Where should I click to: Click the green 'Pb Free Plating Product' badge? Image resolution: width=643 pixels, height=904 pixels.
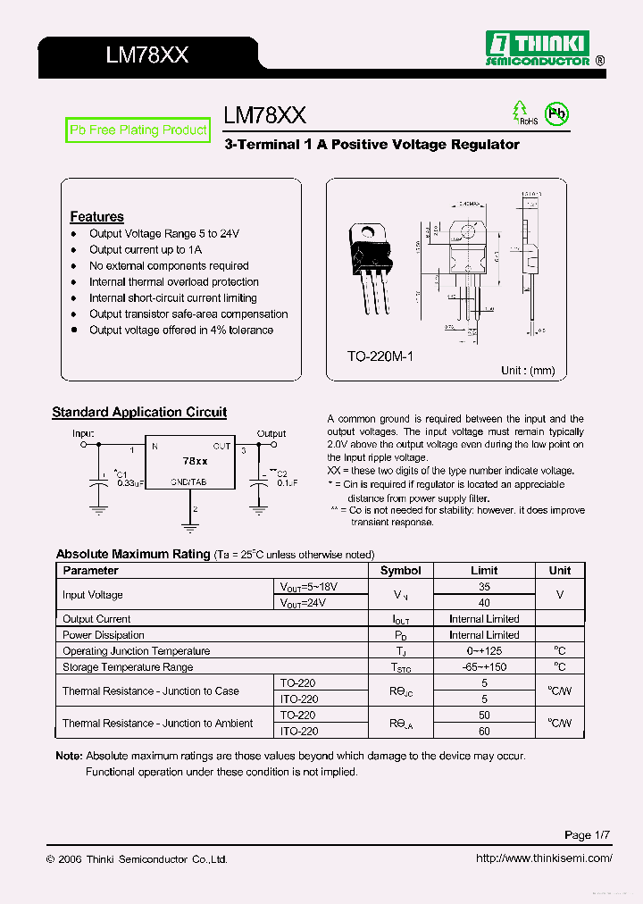tap(138, 130)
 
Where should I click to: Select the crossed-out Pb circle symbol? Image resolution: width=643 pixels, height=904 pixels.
tap(557, 113)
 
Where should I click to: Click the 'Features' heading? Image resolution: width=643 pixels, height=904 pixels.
tap(96, 217)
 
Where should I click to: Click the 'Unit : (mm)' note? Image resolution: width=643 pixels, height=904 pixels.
tap(528, 370)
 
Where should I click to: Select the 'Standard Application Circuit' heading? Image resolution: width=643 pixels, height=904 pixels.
tap(139, 413)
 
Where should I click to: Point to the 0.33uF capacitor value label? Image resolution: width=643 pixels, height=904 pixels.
tap(129, 483)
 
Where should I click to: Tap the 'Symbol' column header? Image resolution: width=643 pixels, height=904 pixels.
tap(400, 571)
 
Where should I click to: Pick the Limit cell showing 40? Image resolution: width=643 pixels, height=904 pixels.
tap(484, 603)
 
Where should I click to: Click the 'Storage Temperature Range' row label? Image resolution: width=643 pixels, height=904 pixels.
tap(128, 667)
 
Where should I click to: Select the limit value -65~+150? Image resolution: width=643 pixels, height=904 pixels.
tap(484, 667)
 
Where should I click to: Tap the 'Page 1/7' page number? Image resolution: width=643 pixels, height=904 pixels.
tap(588, 835)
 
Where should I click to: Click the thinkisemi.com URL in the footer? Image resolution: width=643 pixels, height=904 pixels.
tap(544, 858)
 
